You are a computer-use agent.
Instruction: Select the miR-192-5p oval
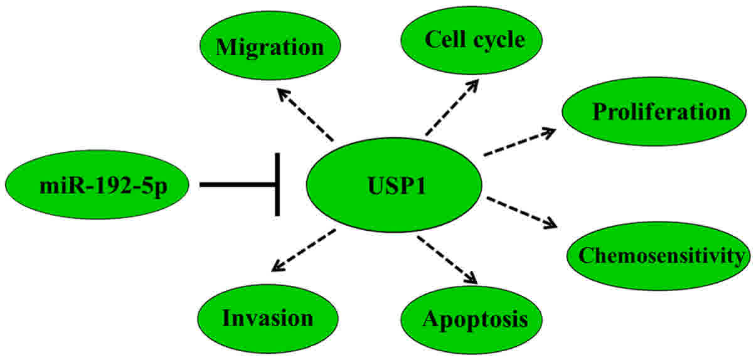tap(97, 184)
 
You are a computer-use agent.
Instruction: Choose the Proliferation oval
tap(654, 112)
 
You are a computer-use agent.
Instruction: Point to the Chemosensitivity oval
tap(659, 255)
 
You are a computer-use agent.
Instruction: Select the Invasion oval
tap(268, 318)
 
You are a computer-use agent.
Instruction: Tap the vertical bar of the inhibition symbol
tap(277, 184)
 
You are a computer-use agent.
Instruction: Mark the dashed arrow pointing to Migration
tap(306, 114)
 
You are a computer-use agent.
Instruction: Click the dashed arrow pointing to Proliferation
tap(519, 142)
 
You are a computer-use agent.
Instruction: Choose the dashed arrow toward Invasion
tap(304, 250)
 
